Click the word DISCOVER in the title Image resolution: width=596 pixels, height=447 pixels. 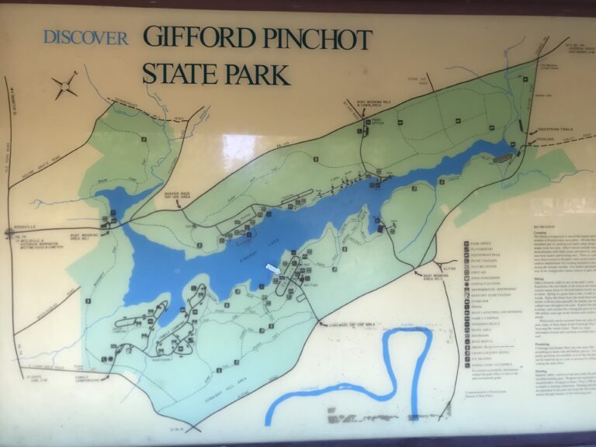(x=85, y=38)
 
